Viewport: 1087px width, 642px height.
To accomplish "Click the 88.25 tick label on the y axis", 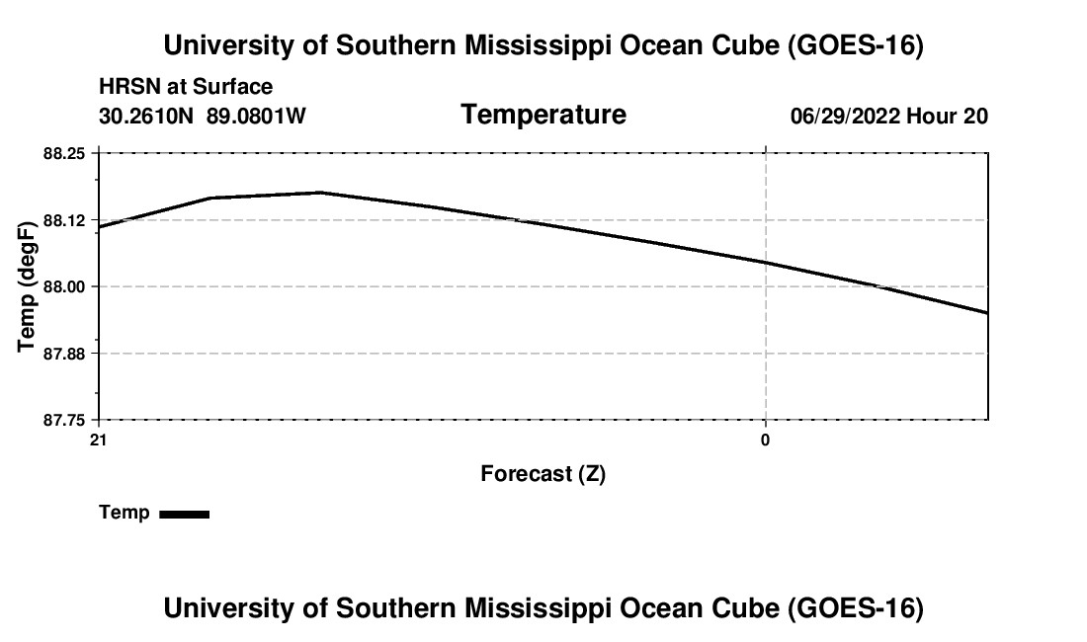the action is coord(64,154).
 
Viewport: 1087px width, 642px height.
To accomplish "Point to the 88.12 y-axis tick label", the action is coord(64,221).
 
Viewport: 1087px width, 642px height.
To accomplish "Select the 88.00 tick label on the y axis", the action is coord(64,287).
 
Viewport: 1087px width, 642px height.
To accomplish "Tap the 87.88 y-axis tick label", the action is coord(64,354).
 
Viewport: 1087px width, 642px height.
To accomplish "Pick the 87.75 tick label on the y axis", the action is coord(64,421).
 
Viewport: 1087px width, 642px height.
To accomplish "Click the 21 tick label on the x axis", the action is coord(99,441).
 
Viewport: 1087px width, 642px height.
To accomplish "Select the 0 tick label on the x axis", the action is coord(765,441).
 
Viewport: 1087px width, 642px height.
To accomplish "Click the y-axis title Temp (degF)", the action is coord(27,286).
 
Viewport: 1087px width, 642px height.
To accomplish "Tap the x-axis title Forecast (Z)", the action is coord(543,474).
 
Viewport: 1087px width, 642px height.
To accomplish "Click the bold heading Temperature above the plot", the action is coord(543,115).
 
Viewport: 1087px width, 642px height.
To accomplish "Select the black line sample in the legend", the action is coord(185,514).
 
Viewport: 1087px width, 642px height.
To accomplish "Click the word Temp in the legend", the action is coord(125,513).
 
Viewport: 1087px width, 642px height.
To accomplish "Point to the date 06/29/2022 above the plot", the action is coord(845,117).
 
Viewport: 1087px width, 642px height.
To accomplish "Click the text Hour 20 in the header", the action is coord(947,117).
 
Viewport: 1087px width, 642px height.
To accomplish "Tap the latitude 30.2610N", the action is coord(146,117).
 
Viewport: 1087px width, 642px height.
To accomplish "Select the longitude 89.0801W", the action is coord(256,117).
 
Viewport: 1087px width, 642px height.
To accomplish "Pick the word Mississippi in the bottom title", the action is coord(538,608).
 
